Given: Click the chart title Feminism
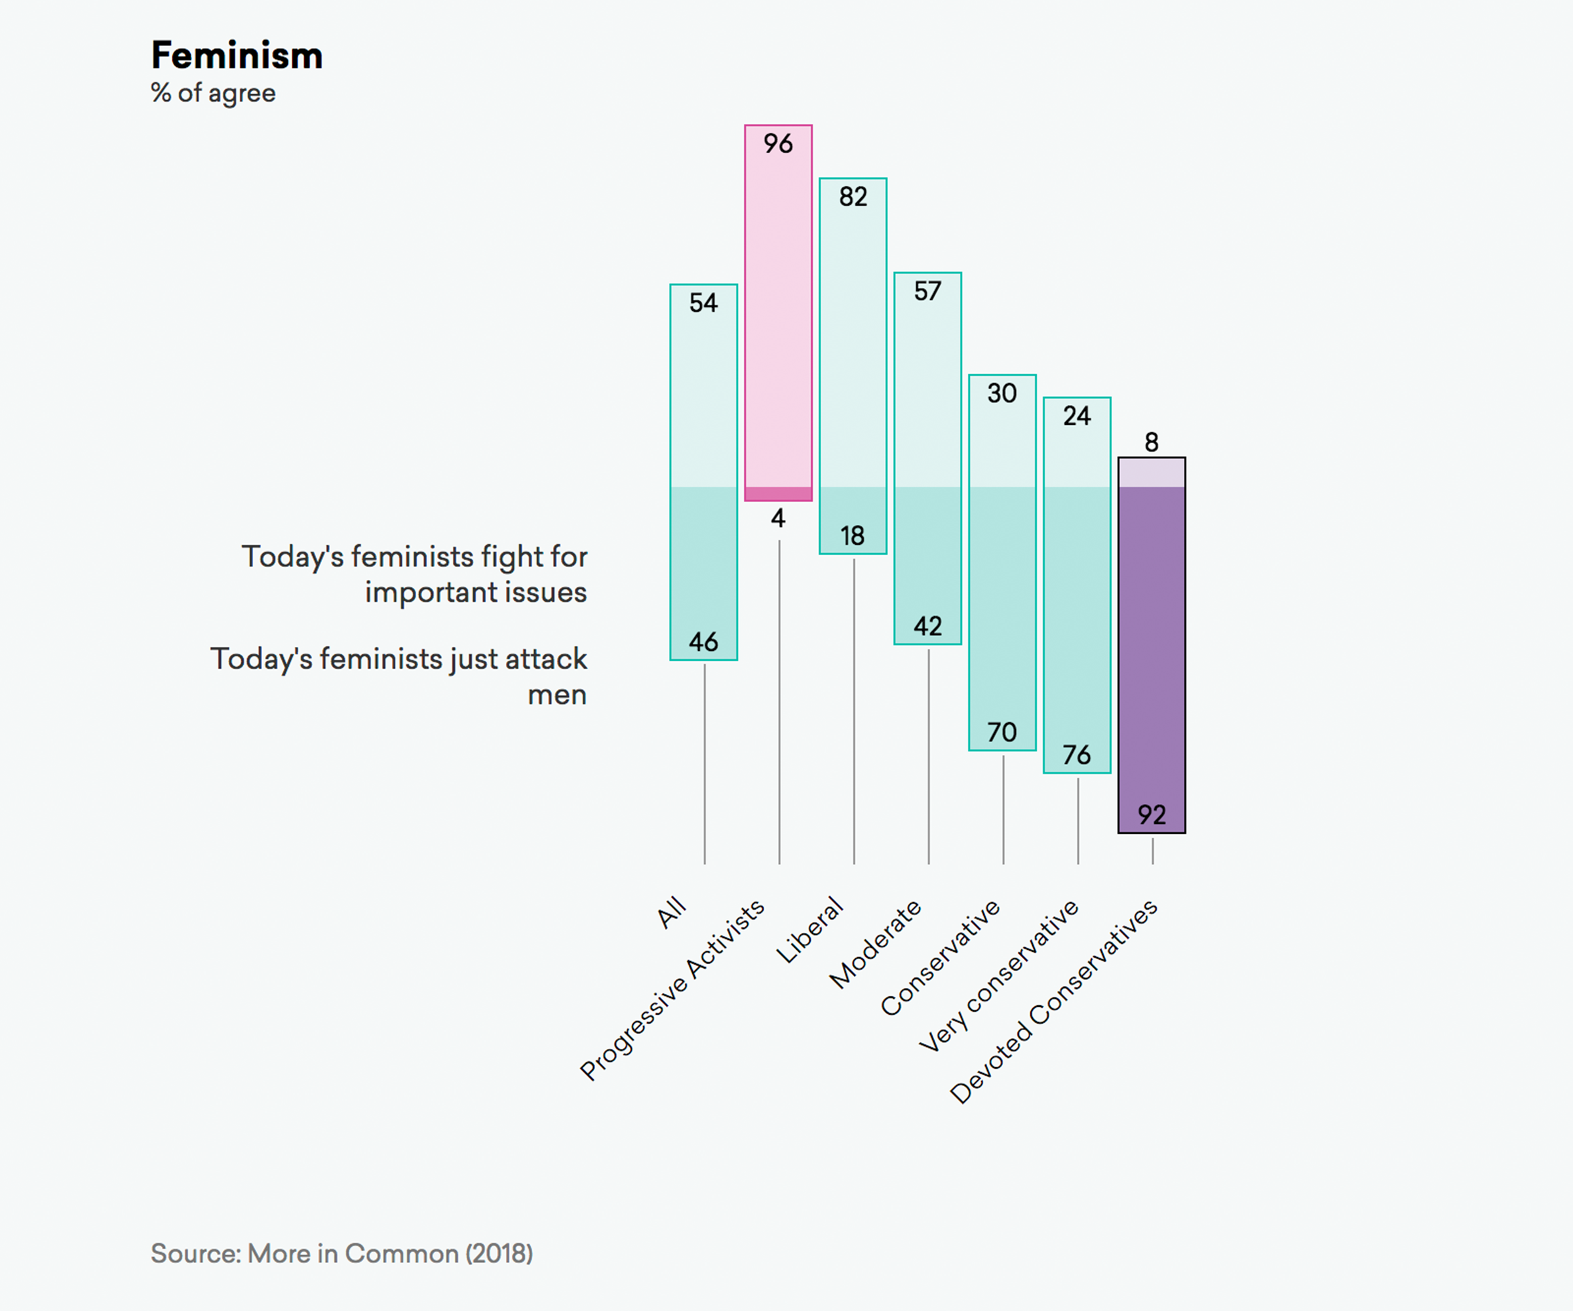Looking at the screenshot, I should [x=237, y=56].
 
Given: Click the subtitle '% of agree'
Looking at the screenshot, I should [x=214, y=94].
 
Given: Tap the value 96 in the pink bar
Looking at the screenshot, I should [x=777, y=143].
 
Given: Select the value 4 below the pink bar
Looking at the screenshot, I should [x=778, y=519].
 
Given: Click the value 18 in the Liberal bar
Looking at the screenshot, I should [x=853, y=536].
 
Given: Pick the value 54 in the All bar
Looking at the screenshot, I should [x=703, y=303].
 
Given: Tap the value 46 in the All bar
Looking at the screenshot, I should [x=703, y=642].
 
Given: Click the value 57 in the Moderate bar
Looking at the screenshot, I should [x=927, y=290].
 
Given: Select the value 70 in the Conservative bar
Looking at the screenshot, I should [x=1002, y=732].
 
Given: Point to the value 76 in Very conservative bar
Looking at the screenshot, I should [x=1076, y=754].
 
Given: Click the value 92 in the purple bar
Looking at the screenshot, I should [x=1152, y=814].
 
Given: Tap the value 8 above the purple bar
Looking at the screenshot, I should [x=1152, y=442].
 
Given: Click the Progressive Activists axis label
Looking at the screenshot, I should [x=672, y=990].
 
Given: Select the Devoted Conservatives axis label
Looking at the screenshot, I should [x=1053, y=1002].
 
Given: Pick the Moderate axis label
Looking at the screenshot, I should [x=875, y=944].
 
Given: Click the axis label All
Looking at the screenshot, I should [x=671, y=912].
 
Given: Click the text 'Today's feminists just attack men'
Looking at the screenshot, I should [x=398, y=676].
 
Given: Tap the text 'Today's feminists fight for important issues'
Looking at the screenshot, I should [x=414, y=574].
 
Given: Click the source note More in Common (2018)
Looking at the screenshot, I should [x=341, y=1253].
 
